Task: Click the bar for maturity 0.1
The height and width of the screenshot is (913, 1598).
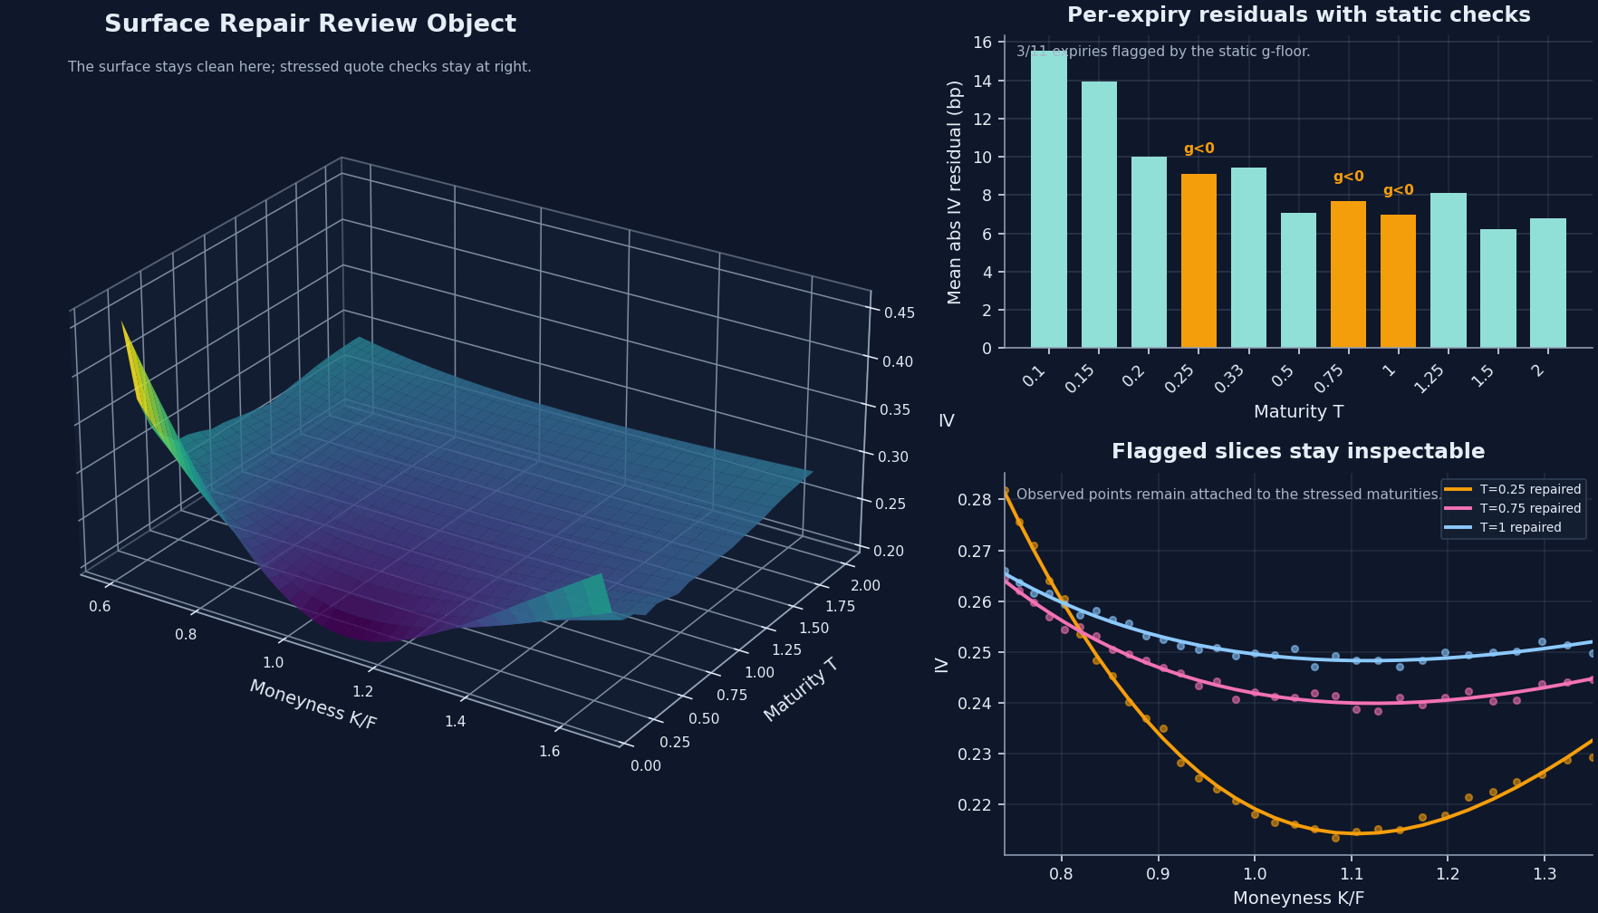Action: tap(1049, 199)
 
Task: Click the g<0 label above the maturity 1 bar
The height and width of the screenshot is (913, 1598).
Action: tap(1398, 191)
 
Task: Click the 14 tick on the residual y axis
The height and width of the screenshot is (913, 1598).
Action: tap(982, 82)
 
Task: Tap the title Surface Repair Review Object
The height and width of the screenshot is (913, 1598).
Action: tap(310, 24)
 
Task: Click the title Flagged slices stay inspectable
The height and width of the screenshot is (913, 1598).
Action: tap(1297, 452)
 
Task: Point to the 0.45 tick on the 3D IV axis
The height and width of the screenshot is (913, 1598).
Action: tap(899, 313)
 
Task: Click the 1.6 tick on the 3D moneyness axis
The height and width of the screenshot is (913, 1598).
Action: tap(549, 752)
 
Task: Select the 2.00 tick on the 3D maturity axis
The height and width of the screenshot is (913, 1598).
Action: tap(864, 586)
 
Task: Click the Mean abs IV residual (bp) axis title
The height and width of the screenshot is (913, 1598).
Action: tap(955, 192)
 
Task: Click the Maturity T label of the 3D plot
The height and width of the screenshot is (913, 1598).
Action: tap(801, 690)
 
